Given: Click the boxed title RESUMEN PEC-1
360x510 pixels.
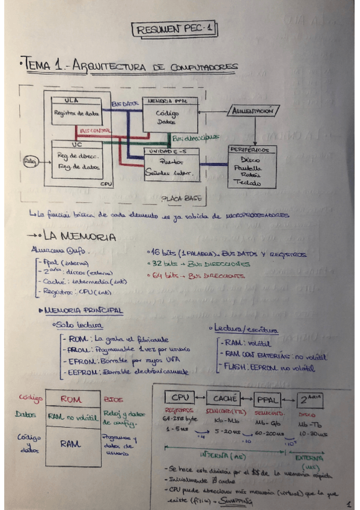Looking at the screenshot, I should point(174,29).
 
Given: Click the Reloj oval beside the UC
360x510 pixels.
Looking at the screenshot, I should point(29,161).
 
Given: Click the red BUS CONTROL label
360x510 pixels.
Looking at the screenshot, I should point(95,130).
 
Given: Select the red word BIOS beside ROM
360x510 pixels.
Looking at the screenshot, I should point(112,399).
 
